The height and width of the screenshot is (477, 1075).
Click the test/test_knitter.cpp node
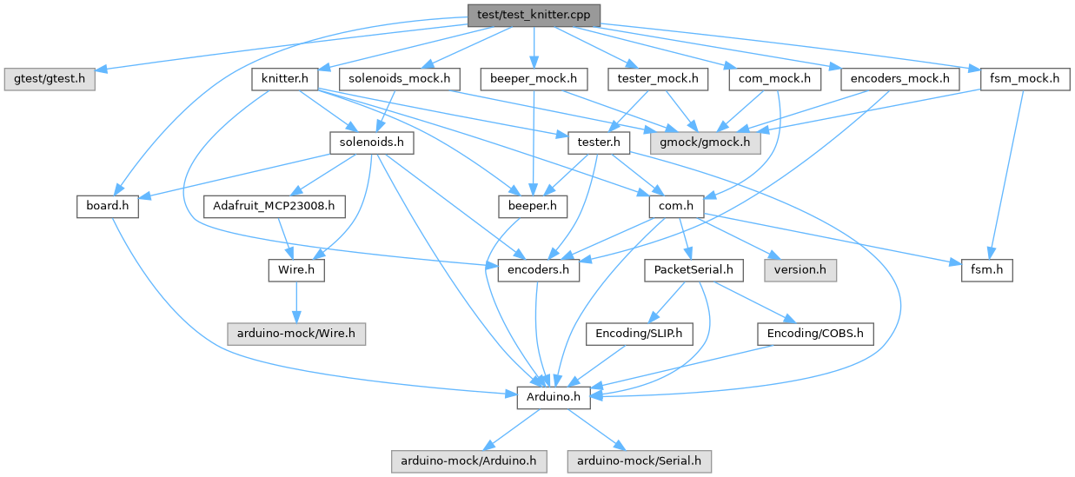[x=534, y=14]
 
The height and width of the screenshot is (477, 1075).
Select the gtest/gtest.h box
[x=50, y=78]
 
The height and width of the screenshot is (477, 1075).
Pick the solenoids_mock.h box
[x=399, y=79]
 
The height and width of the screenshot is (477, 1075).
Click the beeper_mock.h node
[x=534, y=79]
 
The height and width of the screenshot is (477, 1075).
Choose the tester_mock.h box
[x=658, y=79]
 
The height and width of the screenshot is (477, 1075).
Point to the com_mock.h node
[x=774, y=79]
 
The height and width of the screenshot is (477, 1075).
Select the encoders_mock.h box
[x=900, y=79]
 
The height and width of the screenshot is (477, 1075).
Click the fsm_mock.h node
[x=1024, y=79]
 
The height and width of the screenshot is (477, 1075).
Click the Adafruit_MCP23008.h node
[x=275, y=207]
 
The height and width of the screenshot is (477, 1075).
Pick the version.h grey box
[x=800, y=270]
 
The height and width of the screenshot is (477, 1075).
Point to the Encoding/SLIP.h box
[x=639, y=334]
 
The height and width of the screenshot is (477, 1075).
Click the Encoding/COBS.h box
[x=814, y=334]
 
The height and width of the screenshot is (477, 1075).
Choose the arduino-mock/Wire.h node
[x=295, y=334]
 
